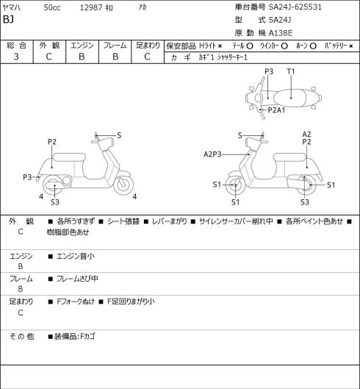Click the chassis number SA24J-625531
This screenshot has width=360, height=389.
[x=295, y=7]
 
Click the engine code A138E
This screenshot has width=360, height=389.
[x=281, y=33]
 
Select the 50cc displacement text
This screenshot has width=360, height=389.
[x=52, y=7]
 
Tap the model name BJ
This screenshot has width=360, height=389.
[x=8, y=19]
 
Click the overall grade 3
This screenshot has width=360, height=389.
[x=16, y=57]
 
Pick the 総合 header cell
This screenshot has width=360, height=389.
[x=16, y=46]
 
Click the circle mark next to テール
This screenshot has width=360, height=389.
[x=250, y=46]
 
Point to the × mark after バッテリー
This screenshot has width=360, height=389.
[x=351, y=46]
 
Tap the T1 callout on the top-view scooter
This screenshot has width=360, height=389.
[x=291, y=71]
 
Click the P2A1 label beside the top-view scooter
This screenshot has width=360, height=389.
[x=276, y=110]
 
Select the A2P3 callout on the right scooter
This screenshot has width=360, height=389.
[x=212, y=154]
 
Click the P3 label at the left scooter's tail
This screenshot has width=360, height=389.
[x=27, y=177]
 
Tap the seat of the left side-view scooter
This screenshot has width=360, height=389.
[x=69, y=157]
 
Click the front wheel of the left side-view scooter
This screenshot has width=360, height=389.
[x=123, y=185]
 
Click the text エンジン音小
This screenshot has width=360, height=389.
[x=76, y=256]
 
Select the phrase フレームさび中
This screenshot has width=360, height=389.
[x=77, y=279]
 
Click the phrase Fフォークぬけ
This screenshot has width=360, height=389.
[x=76, y=301]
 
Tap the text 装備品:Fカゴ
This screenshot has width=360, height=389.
[x=75, y=336]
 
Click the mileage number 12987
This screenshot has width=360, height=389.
[x=91, y=7]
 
